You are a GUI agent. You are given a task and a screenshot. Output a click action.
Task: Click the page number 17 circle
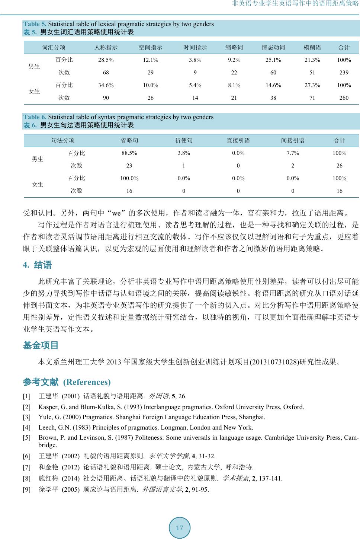180,527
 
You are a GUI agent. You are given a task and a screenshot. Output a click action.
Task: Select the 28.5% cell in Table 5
106,60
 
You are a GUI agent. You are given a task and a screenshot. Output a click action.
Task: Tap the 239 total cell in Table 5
344,73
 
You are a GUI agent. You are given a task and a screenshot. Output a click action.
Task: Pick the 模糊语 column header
312,47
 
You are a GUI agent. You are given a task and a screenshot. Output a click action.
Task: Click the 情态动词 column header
273,47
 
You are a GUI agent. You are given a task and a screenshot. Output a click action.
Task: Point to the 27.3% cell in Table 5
312,85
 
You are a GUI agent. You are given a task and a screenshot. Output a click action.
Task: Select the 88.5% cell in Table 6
129,153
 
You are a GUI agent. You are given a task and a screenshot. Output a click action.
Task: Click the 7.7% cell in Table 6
293,153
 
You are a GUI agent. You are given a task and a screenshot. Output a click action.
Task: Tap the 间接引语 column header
293,140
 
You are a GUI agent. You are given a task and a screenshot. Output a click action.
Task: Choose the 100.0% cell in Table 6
129,178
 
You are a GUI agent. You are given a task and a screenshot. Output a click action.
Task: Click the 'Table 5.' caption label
35,24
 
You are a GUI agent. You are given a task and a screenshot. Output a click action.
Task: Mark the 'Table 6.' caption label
35,117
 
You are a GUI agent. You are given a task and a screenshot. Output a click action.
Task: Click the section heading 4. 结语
38,265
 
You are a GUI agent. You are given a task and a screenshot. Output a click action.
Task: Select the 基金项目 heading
41,345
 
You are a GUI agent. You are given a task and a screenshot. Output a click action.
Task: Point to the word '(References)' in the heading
87,382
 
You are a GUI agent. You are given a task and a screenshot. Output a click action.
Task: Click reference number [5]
27,438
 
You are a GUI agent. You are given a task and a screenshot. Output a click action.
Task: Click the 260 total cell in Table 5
344,98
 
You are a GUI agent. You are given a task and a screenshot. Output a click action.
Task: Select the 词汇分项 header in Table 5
54,47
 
